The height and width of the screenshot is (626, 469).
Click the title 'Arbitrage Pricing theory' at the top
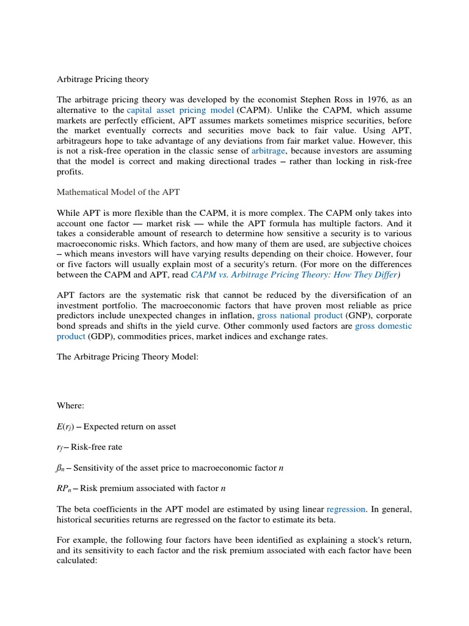103,79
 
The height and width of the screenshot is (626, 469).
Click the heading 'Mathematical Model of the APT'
119,191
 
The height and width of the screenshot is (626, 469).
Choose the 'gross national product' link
300,316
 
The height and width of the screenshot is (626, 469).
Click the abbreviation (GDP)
101,336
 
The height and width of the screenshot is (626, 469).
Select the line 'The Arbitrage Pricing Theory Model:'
128,356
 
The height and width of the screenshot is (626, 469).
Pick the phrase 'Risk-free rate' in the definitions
100,447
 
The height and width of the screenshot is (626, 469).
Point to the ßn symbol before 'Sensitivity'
63,468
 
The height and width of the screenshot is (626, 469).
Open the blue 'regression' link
346,508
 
